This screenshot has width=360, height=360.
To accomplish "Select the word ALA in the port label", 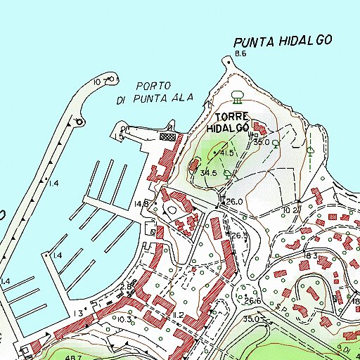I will [181, 98].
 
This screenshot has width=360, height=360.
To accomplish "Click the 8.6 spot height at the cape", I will [241, 54].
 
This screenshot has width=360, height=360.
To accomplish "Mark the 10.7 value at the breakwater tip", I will [99, 82].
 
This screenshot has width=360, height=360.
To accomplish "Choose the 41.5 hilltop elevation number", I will [226, 152].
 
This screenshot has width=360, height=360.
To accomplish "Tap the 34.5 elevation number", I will [207, 172].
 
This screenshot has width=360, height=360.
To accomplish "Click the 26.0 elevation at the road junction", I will [234, 202].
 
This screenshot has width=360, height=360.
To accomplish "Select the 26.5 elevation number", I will [240, 236].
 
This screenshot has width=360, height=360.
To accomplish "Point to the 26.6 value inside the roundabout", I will [252, 301].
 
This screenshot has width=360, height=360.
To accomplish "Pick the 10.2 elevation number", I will [290, 210].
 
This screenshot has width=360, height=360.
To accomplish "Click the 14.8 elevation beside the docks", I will [141, 204].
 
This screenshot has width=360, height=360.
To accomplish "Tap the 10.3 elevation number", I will [126, 320].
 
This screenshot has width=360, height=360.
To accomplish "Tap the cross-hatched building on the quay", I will [167, 137].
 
